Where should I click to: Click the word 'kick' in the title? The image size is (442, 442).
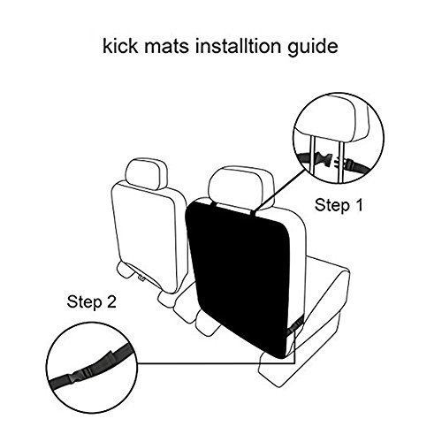120,46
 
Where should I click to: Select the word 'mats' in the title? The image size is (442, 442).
167,47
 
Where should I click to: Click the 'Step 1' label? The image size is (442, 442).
339,205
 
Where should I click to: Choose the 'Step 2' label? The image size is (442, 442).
92,301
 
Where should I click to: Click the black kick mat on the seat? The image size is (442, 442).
241,277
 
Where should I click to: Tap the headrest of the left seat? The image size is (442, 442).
147,173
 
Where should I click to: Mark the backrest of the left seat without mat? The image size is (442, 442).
149,236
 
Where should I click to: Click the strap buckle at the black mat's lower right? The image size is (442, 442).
294,325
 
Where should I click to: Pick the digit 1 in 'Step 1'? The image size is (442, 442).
358,205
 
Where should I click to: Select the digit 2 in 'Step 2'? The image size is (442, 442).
111,301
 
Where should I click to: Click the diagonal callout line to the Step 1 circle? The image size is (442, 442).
279,190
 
